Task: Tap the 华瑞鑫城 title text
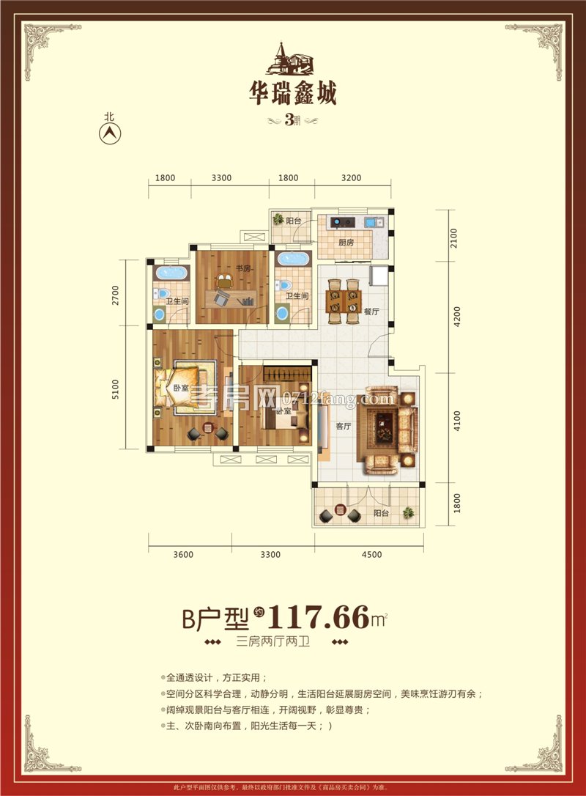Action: click(x=292, y=93)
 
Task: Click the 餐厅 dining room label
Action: click(x=371, y=311)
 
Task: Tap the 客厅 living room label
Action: click(x=343, y=426)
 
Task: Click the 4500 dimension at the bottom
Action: click(x=371, y=555)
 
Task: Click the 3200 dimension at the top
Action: click(x=352, y=178)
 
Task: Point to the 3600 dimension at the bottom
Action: click(x=183, y=555)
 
